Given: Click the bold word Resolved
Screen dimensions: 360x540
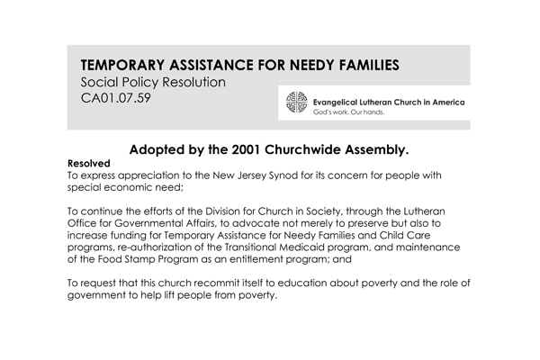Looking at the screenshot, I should pyautogui.click(x=89, y=164).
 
